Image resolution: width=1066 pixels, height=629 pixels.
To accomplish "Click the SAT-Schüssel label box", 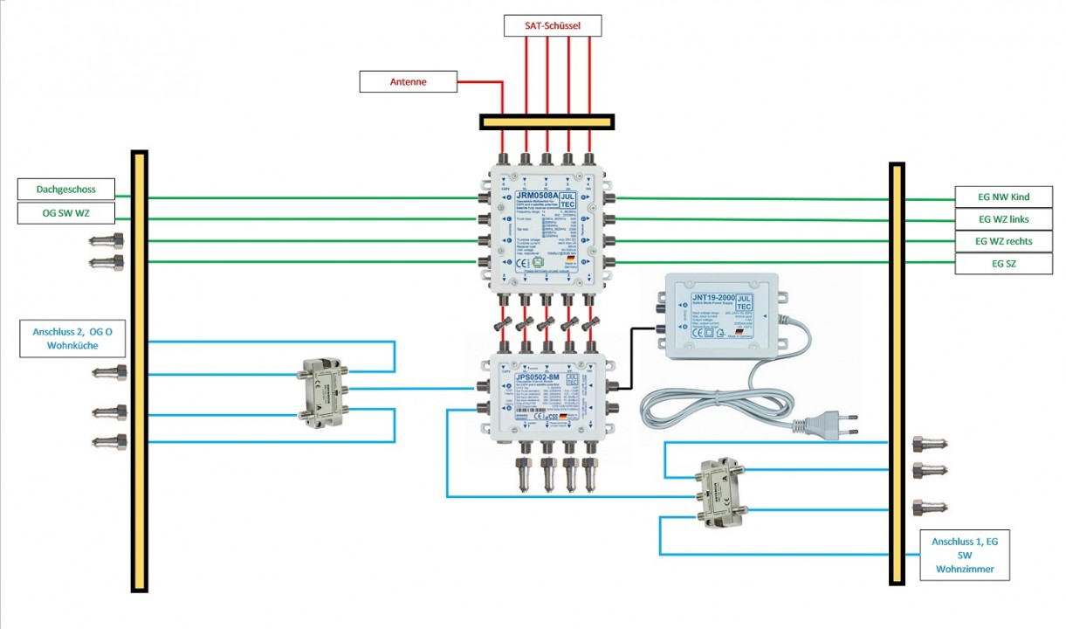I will pyautogui.click(x=553, y=26).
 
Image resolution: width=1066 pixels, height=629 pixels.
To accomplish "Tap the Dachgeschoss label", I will pyautogui.click(x=66, y=189).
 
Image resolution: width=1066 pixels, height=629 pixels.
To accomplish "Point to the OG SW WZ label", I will pyautogui.click(x=66, y=213).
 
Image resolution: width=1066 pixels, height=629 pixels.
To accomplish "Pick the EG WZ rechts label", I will pyautogui.click(x=1003, y=240).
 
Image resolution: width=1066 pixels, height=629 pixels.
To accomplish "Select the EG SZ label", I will pyautogui.click(x=1003, y=263).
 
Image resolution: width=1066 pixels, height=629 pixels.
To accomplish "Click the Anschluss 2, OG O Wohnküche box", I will pyautogui.click(x=72, y=338).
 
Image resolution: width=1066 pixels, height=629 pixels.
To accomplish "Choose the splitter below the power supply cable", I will pyautogui.click(x=719, y=494).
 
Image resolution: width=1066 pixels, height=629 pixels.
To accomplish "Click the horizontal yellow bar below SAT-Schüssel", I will pyautogui.click(x=547, y=122).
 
